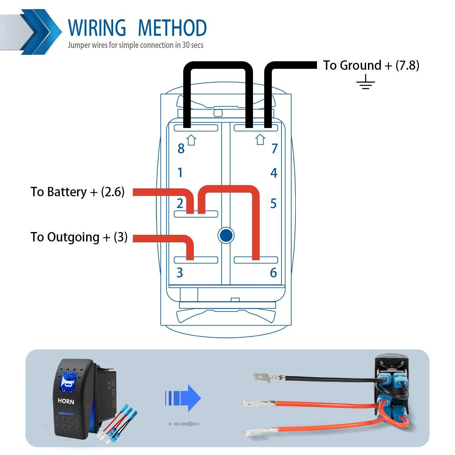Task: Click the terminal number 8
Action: pos(181,149)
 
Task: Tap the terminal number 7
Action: pos(275,149)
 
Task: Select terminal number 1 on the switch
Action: pos(180,173)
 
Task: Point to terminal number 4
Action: pos(274,173)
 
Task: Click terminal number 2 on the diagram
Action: pos(180,203)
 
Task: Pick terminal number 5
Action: pos(273,204)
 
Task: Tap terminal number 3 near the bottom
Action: pos(180,272)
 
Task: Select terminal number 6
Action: pos(273,273)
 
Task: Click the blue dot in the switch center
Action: pos(226,235)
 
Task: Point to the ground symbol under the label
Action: pos(366,82)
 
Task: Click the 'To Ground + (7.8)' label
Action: pos(371,65)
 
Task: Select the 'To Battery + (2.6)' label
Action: pos(77,192)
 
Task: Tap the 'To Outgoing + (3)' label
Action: pos(79,237)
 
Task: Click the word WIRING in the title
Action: pos(97,28)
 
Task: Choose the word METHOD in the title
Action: pos(172,28)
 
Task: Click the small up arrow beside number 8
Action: pos(191,140)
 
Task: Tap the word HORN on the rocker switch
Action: pos(66,401)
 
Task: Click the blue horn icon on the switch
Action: pos(68,381)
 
